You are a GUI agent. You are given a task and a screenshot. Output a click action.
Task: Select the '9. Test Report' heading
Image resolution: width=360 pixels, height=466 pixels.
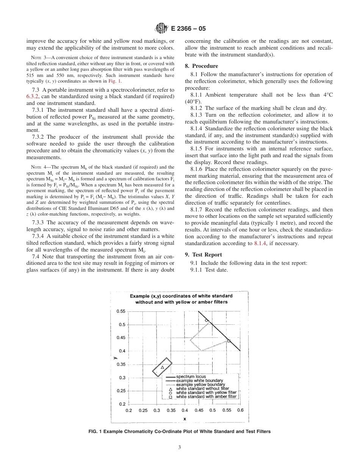tap(203, 255)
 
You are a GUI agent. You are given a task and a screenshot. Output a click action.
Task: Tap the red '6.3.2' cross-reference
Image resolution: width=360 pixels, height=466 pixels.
tap(33, 96)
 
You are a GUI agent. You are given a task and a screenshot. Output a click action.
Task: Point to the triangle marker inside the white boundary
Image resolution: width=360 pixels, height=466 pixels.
tap(162, 367)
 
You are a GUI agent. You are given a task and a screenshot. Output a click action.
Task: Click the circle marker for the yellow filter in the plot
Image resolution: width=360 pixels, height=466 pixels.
tap(207, 321)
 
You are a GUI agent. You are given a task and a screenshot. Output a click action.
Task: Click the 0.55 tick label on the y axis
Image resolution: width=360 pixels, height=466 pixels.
tap(121, 311)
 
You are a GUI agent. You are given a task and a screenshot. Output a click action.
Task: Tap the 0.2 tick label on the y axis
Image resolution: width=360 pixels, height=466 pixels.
tap(122, 404)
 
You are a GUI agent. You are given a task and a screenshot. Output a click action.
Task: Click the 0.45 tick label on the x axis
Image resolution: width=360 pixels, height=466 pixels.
tap(199, 410)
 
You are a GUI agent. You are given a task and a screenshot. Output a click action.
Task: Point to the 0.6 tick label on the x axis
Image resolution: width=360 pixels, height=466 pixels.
tap(240, 410)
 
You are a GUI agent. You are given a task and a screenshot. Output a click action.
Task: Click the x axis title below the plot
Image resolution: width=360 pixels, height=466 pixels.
tap(185, 419)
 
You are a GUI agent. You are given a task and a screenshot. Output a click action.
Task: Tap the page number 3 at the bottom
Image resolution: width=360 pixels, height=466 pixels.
tap(180, 447)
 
